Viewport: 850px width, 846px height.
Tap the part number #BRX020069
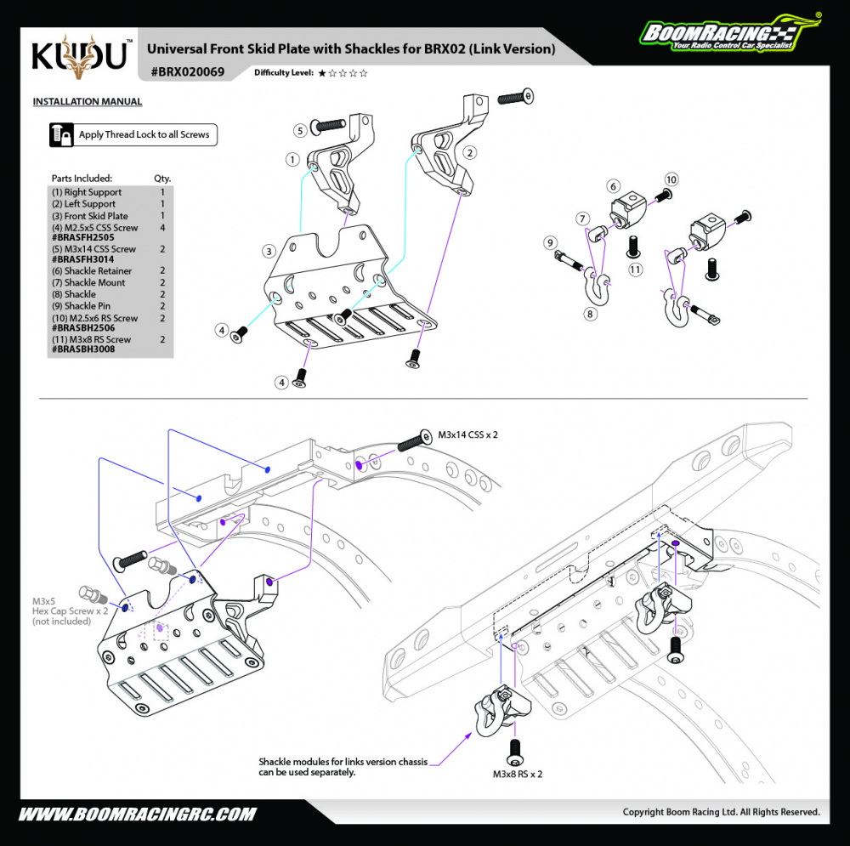click(188, 72)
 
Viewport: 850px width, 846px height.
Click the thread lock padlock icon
click(60, 134)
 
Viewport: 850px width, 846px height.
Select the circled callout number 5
click(301, 130)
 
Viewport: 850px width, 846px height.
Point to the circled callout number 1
click(292, 159)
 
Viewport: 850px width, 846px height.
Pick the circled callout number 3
click(269, 251)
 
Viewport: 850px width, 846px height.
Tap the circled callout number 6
click(613, 185)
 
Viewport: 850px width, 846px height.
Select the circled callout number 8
click(589, 313)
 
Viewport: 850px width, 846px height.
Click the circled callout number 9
click(550, 241)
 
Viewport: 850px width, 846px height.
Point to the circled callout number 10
click(671, 179)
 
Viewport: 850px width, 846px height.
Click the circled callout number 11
click(635, 270)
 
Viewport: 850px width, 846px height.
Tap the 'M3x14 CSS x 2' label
click(467, 434)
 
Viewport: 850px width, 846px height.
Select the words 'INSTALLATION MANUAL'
click(88, 102)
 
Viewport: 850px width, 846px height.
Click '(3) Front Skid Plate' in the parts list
click(90, 216)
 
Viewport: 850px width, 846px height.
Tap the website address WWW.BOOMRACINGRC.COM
click(137, 814)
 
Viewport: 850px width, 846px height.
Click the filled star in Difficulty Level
click(322, 73)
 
